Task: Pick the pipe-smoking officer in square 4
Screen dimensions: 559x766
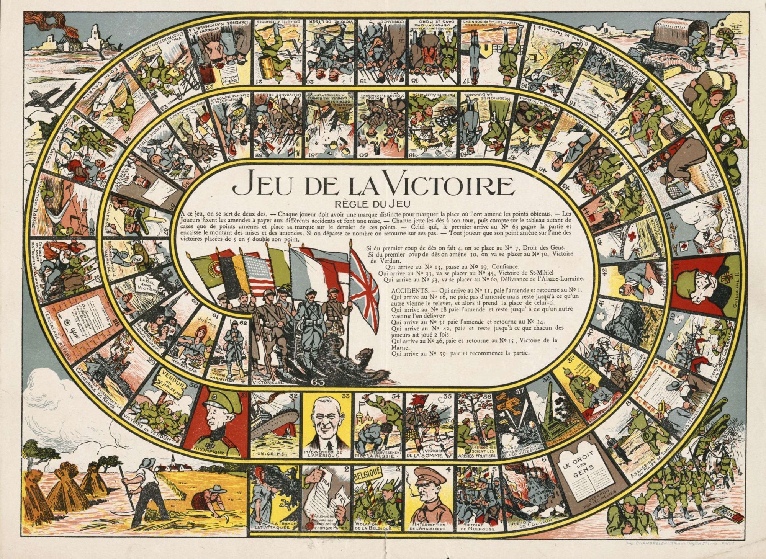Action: click(x=427, y=494)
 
